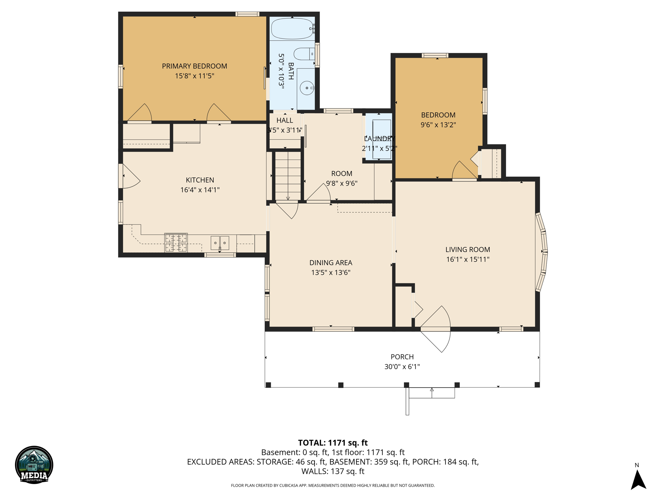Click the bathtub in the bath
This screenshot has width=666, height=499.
click(x=292, y=29)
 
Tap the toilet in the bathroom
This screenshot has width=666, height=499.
click(x=304, y=54)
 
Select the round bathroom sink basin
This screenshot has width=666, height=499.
click(x=307, y=88)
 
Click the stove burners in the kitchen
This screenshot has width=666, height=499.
click(x=176, y=243)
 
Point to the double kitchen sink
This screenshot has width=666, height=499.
click(x=220, y=243)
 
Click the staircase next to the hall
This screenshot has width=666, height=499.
click(x=288, y=176)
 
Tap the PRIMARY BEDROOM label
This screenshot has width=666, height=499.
click(x=194, y=66)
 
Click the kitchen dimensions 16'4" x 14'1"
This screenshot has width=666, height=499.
click(x=200, y=190)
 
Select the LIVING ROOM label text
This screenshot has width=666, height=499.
click(x=468, y=249)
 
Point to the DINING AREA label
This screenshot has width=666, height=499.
click(x=331, y=262)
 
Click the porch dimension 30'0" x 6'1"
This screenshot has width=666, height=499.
click(x=402, y=367)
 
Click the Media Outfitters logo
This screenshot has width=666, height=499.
click(x=34, y=465)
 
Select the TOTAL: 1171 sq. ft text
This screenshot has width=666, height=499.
click(x=333, y=443)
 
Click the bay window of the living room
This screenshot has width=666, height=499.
click(x=542, y=252)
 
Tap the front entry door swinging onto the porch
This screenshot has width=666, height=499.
click(x=436, y=329)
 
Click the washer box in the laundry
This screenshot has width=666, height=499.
click(x=381, y=139)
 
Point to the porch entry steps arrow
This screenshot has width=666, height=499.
click(x=432, y=393)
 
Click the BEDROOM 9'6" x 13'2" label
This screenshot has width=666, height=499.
click(x=438, y=120)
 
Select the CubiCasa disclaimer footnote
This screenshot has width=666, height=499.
click(x=333, y=485)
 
